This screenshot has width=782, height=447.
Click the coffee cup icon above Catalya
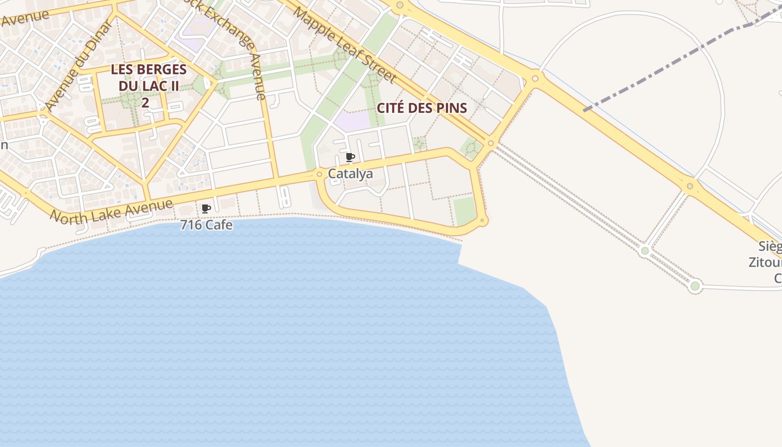[350, 157]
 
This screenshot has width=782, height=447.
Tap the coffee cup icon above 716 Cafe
[206, 209]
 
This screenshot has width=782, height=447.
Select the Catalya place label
[350, 174]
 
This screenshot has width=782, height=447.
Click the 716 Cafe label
[206, 225]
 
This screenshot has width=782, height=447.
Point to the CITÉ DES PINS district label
[422, 108]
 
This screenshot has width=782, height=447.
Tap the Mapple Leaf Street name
[344, 45]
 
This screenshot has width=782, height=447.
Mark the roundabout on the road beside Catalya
[320, 174]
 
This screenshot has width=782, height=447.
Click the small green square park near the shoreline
[464, 210]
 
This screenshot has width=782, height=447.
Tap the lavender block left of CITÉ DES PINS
[352, 121]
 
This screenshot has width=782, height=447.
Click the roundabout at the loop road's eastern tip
[483, 221]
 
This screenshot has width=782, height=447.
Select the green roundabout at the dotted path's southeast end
[695, 286]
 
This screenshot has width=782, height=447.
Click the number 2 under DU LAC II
[145, 103]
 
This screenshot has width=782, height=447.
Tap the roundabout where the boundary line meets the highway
[535, 78]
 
